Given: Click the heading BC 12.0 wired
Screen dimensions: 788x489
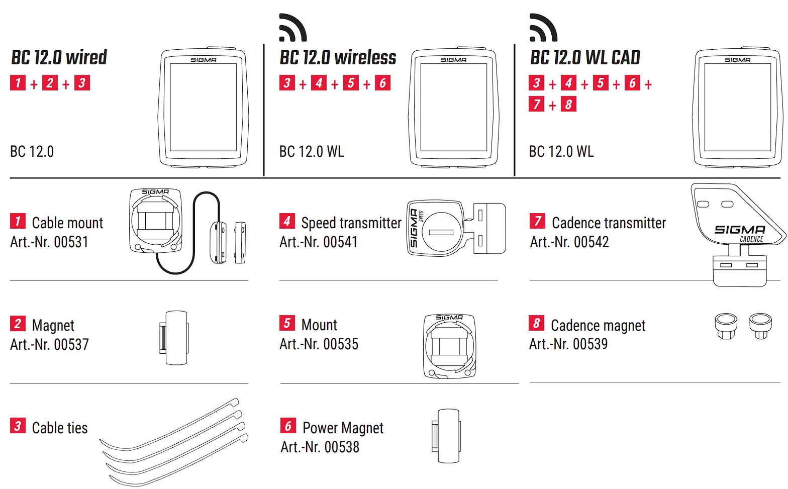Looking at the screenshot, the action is tap(59, 58).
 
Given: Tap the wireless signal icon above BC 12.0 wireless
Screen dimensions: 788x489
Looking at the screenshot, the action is tap(292, 28).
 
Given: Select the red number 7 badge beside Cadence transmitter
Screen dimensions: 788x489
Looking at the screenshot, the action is tap(537, 221).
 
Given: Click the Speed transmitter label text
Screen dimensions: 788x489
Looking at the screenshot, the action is tap(351, 223).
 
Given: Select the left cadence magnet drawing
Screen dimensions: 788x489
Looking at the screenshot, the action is tap(725, 325).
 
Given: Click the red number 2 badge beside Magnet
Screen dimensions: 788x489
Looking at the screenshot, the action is tap(18, 323).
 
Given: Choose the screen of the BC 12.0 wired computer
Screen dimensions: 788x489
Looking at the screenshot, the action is tap(203, 107).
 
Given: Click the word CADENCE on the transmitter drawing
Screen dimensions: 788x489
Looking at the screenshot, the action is tap(751, 239).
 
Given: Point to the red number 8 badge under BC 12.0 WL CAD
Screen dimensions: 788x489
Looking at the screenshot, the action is tap(568, 105).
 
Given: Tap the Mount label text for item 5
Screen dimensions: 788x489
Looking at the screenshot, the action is tap(319, 325).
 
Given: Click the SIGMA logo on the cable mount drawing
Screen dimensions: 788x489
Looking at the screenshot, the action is tap(155, 191).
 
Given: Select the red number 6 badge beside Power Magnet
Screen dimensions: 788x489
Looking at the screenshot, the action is tap(288, 426).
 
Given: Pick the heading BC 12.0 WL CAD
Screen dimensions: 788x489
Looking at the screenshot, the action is tap(585, 58).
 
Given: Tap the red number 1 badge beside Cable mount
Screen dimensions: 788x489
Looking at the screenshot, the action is tap(18, 221).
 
